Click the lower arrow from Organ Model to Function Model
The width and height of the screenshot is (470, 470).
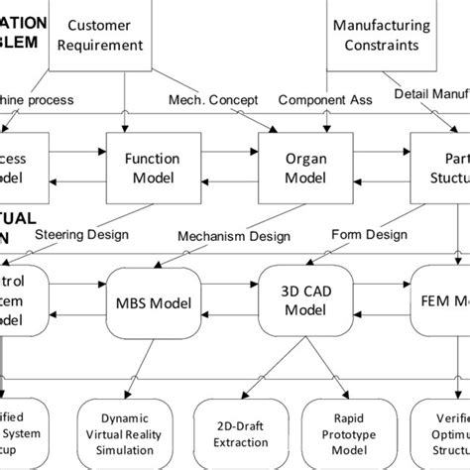tap(218, 180)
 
